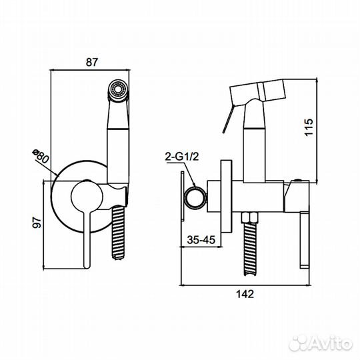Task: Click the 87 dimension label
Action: (x=92, y=62)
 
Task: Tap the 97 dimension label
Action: (x=37, y=222)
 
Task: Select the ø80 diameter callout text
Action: (x=41, y=156)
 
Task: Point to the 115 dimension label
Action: (x=309, y=127)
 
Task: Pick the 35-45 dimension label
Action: (x=201, y=240)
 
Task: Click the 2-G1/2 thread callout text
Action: (x=182, y=157)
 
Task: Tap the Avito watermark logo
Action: (x=321, y=344)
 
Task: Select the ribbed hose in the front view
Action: (x=119, y=233)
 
